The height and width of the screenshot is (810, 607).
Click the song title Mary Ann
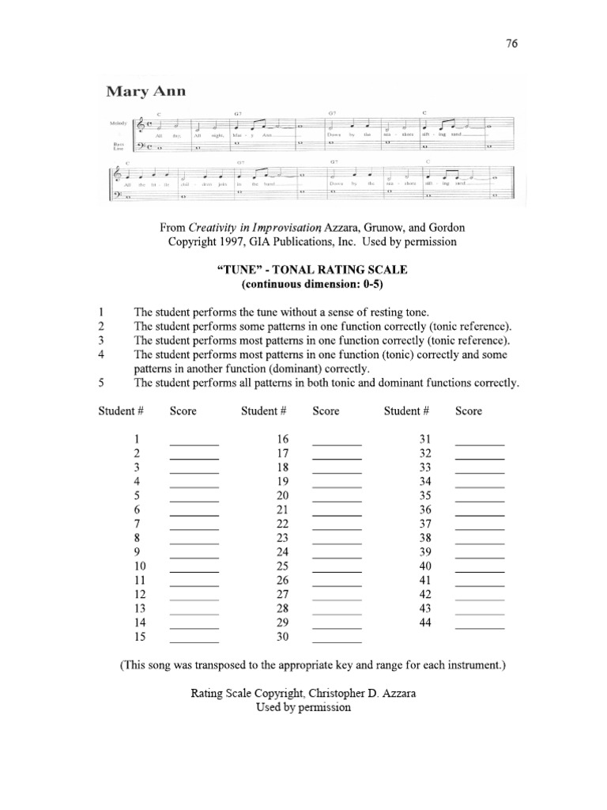[146, 92]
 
